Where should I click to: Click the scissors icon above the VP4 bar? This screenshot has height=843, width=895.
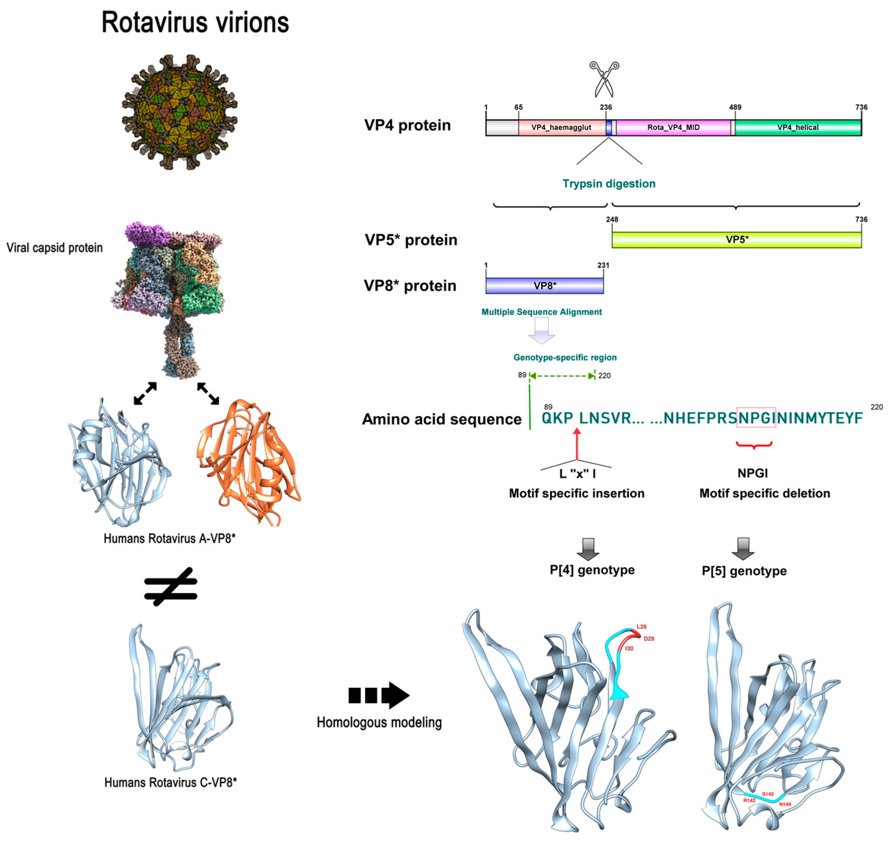coord(604,79)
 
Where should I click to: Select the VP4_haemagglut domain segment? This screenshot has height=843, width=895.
coord(561,128)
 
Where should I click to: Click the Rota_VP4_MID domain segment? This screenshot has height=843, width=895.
coord(673,128)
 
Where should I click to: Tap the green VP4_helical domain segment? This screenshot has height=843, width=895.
coord(798,128)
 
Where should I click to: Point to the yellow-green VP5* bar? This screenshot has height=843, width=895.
coord(737,240)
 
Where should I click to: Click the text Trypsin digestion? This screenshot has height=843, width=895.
coord(609,184)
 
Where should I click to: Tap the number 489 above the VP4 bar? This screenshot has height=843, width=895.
coord(735,107)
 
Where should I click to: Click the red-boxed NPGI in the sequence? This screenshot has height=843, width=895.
coord(756,418)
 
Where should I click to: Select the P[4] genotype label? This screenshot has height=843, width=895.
coord(592,570)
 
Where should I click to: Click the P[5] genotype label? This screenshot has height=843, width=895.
coord(744,571)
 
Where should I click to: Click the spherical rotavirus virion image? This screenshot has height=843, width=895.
coord(180,112)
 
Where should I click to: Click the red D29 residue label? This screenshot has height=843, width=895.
coord(649,639)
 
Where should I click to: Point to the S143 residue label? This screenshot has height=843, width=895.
coord(767,794)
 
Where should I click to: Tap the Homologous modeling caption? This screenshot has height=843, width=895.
coord(379,722)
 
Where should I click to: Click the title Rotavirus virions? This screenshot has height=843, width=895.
coord(195,23)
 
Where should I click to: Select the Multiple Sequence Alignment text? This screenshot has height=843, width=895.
coord(542,312)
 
